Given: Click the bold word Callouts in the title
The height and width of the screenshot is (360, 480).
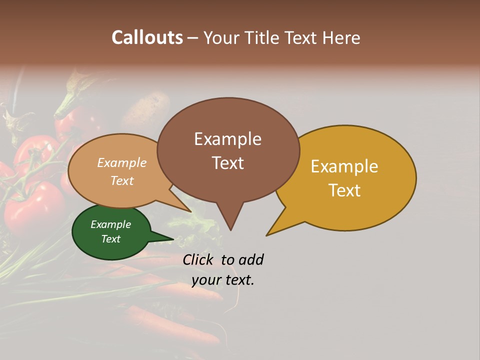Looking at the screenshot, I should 147,37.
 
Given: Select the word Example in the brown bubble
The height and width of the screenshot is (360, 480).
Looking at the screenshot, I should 227,139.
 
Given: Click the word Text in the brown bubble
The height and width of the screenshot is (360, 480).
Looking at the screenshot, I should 227,163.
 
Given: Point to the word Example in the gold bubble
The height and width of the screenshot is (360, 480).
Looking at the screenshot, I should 344,166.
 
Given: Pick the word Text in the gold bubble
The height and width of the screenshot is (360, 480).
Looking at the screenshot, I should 344,190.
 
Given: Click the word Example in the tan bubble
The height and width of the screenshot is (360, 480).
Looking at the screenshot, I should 122,163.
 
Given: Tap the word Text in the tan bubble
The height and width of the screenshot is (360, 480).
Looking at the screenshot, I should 122,180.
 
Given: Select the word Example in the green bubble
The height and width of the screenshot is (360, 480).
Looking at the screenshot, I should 111,224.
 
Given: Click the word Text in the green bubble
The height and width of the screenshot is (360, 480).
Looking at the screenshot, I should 111,239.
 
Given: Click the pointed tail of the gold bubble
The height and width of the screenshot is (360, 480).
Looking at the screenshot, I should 268,234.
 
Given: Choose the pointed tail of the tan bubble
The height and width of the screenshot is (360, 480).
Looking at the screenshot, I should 190,211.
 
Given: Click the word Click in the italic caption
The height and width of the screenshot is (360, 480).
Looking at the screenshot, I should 199,259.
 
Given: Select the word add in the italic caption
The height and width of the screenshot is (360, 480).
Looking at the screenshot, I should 251,259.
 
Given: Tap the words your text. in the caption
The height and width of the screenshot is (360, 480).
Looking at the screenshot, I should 223,280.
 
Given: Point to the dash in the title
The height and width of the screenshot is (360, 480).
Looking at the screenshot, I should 193,37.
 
